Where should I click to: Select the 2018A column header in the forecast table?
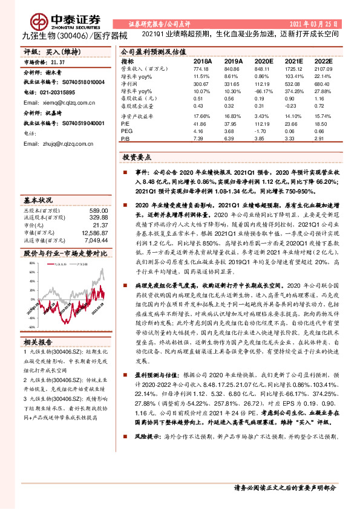point(202,62)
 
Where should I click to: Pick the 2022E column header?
point(324,62)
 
